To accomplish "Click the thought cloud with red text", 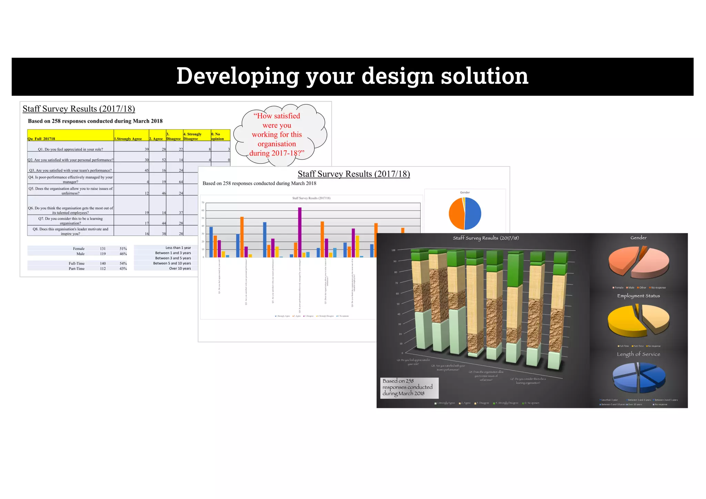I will pos(278,135).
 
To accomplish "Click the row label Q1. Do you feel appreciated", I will pos(70,149).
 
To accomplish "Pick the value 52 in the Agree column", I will pos(164,160).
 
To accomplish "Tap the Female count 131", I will pos(103,248).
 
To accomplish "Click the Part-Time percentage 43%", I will pos(123,268).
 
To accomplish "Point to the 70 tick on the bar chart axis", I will pos(203,203).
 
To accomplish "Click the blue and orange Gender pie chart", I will pos(465,213).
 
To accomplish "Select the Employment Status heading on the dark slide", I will pos(638,296).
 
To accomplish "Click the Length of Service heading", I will pos(638,354).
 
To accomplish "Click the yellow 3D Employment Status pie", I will pos(638,320).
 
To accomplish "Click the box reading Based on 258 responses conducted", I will pos(409,387).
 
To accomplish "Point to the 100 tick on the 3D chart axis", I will pos(393,250).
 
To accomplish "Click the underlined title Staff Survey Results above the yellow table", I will pos(79,109).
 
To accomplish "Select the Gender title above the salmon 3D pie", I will pos(638,238).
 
